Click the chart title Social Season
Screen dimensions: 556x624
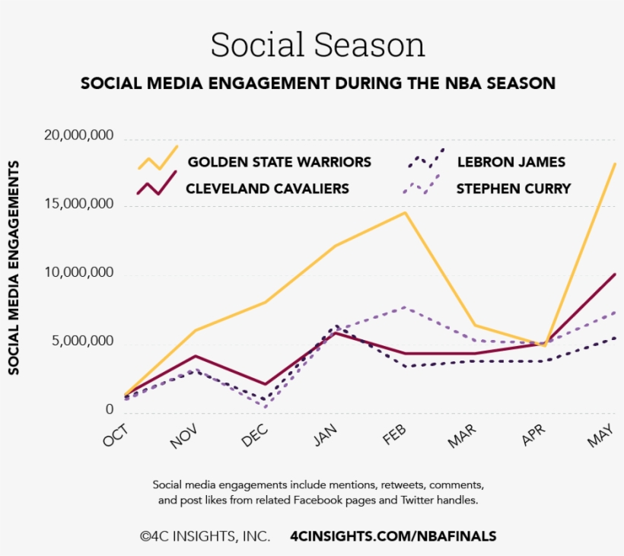click(317, 45)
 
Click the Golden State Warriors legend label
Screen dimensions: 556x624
click(279, 162)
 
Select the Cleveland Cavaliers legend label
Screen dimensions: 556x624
click(267, 189)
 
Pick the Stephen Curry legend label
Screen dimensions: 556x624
click(513, 189)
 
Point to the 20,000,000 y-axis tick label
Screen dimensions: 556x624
click(78, 136)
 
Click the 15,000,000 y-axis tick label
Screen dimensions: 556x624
click(78, 205)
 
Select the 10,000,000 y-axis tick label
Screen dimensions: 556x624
click(78, 273)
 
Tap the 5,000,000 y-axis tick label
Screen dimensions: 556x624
click(83, 342)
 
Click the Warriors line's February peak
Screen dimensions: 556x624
click(406, 212)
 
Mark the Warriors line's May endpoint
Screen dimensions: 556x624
click(615, 164)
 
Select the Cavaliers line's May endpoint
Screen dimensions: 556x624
click(615, 274)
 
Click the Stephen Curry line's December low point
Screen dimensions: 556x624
click(266, 407)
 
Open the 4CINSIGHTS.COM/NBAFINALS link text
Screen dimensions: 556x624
click(393, 536)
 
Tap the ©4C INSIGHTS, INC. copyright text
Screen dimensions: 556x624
click(205, 536)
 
